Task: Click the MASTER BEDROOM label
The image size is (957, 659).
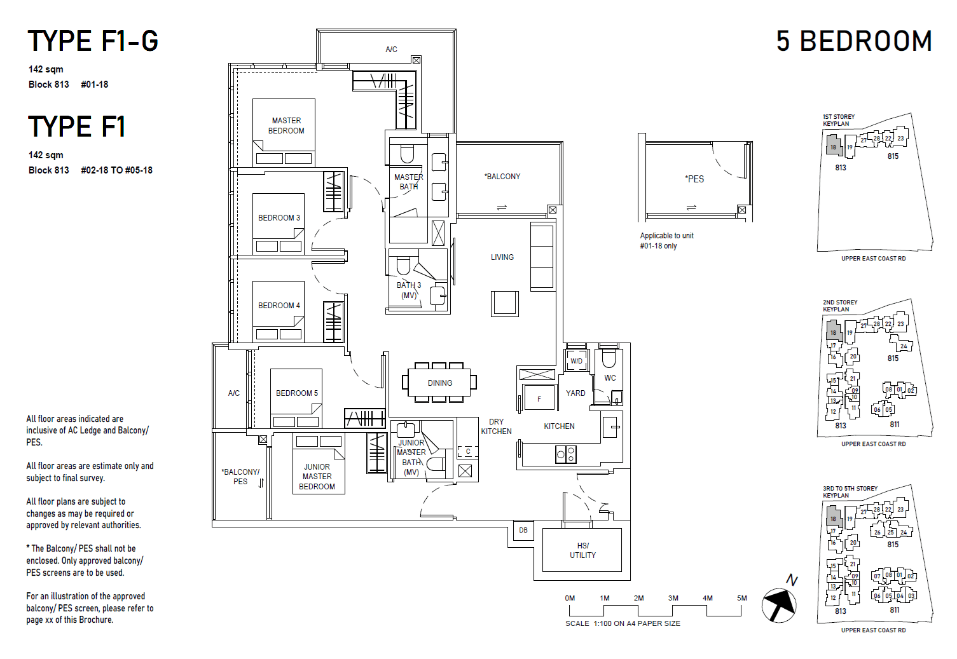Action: coord(286,126)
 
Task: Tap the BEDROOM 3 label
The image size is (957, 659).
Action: coord(279,218)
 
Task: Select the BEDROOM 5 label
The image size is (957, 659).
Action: coord(296,393)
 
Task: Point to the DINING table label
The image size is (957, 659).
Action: coord(440,383)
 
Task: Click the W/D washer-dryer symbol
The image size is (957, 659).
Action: coord(576,361)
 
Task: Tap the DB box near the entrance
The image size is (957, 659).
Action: coord(523,530)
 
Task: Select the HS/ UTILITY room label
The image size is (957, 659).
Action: coord(582,550)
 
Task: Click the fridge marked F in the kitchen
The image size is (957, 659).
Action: coord(539,399)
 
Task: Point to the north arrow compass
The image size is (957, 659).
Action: coord(779,604)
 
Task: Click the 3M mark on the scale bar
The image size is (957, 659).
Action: coord(673,599)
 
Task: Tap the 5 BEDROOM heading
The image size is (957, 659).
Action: coord(853,42)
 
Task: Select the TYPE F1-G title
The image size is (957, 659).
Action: coord(93,42)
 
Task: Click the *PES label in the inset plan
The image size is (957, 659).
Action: coord(694,179)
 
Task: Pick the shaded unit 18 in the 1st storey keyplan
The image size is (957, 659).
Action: coord(833,146)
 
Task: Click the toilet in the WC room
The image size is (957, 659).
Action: coord(609,359)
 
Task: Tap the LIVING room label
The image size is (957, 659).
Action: coord(502,257)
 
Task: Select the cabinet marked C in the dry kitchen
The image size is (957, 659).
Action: coord(468,452)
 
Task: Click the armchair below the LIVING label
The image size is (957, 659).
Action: coord(505,303)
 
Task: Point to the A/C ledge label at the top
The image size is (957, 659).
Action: coord(391,50)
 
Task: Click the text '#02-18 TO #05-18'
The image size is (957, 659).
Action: coord(116,170)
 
